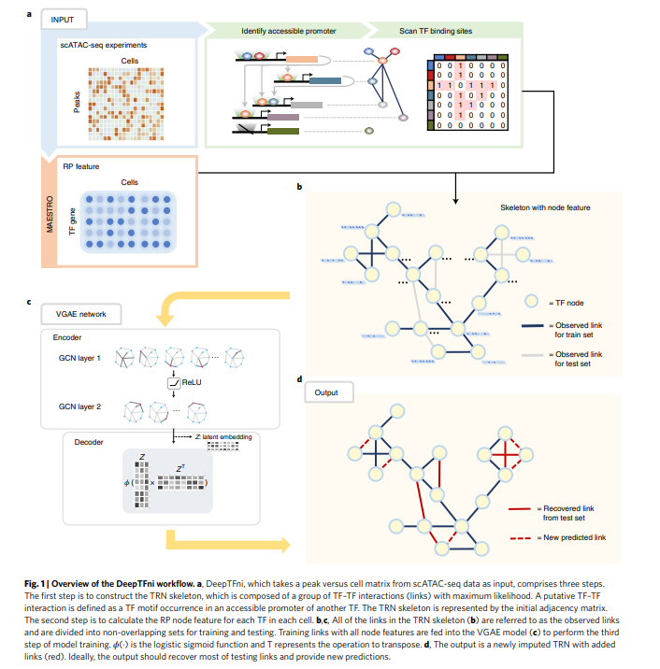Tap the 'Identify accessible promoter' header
click(281, 31)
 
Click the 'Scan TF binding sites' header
click(436, 31)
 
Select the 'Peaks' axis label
click(78, 96)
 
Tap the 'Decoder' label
click(90, 442)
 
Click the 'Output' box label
click(326, 391)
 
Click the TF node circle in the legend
click(530, 302)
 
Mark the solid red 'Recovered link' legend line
click(522, 509)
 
